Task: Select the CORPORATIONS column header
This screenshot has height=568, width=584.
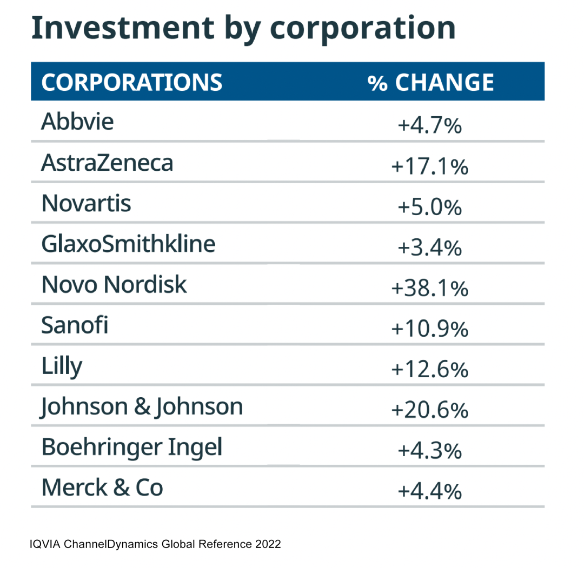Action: pyautogui.click(x=131, y=83)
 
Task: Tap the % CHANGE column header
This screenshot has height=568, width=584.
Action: pyautogui.click(x=430, y=83)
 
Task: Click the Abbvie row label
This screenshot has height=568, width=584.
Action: pyautogui.click(x=77, y=122)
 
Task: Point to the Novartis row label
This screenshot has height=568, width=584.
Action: pyautogui.click(x=86, y=204)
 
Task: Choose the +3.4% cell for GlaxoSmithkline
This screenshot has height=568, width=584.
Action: pyautogui.click(x=429, y=248)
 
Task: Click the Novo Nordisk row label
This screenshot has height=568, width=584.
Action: pyautogui.click(x=114, y=285)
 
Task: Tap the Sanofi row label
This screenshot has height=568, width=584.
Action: pyautogui.click(x=75, y=325)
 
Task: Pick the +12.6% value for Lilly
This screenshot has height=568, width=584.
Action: pyautogui.click(x=429, y=370)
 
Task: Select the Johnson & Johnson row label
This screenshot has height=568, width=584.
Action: pyautogui.click(x=142, y=407)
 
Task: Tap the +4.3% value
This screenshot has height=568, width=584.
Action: pyautogui.click(x=429, y=451)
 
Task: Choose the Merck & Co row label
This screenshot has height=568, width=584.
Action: pyautogui.click(x=102, y=488)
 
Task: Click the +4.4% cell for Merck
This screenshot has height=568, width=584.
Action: pyautogui.click(x=429, y=492)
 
